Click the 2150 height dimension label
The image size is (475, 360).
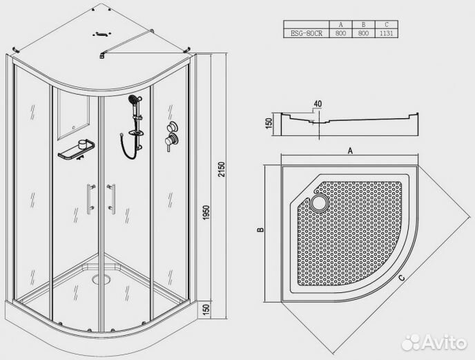click(x=222, y=170)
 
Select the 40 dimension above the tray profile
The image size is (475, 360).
click(x=317, y=104)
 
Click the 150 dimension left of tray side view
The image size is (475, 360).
click(x=269, y=124)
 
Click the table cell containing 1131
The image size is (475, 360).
click(x=386, y=33)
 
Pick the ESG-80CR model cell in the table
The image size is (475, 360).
click(x=307, y=33)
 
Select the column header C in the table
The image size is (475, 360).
click(x=386, y=25)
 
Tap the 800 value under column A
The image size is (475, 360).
click(x=340, y=33)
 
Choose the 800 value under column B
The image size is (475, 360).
click(x=364, y=33)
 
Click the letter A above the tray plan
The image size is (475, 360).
click(x=350, y=151)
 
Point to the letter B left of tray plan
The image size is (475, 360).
click(x=260, y=229)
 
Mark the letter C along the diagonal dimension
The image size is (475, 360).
click(x=402, y=278)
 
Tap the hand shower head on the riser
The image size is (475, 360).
click(x=133, y=100)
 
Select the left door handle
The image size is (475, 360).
click(x=89, y=199)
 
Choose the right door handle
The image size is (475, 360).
click(x=112, y=199)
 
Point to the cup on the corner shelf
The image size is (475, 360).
click(x=83, y=144)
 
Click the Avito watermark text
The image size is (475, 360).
click(x=444, y=343)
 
